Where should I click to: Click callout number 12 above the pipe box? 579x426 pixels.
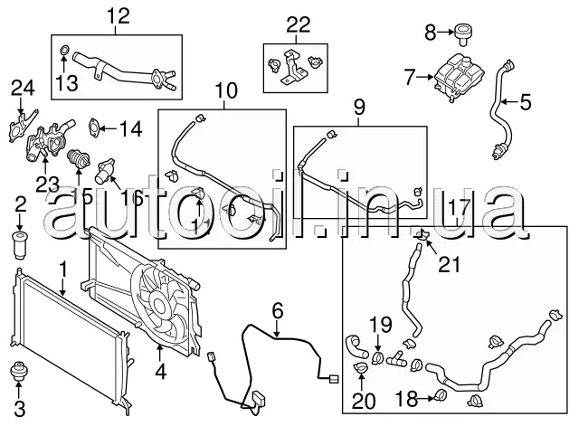click(x=118, y=15)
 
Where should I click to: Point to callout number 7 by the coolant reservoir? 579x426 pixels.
click(x=408, y=78)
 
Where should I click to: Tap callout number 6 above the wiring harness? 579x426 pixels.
click(x=278, y=312)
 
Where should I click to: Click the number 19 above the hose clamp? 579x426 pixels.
click(x=381, y=322)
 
